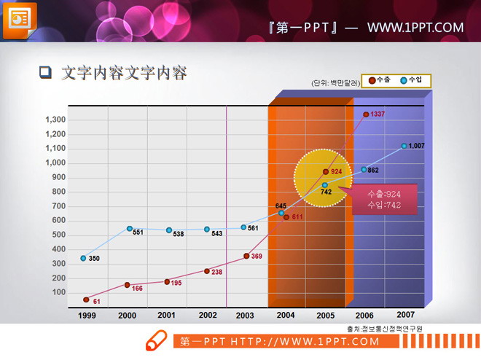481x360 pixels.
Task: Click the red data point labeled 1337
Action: (366, 114)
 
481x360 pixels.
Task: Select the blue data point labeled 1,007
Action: (404, 146)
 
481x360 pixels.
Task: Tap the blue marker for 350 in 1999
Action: (84, 258)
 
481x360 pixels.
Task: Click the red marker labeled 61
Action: (86, 300)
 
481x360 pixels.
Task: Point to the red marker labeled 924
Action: (326, 172)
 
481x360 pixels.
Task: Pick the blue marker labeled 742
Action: (325, 185)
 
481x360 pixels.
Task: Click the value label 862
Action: (372, 171)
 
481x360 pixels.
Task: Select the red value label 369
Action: (257, 257)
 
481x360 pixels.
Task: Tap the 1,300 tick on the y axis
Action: (55, 120)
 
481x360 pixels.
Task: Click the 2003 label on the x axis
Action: (245, 316)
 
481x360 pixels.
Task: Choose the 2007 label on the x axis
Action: (406, 314)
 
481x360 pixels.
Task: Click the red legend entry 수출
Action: (380, 80)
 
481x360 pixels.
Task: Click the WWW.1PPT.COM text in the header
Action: (415, 28)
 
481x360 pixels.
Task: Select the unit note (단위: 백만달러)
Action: (335, 83)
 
